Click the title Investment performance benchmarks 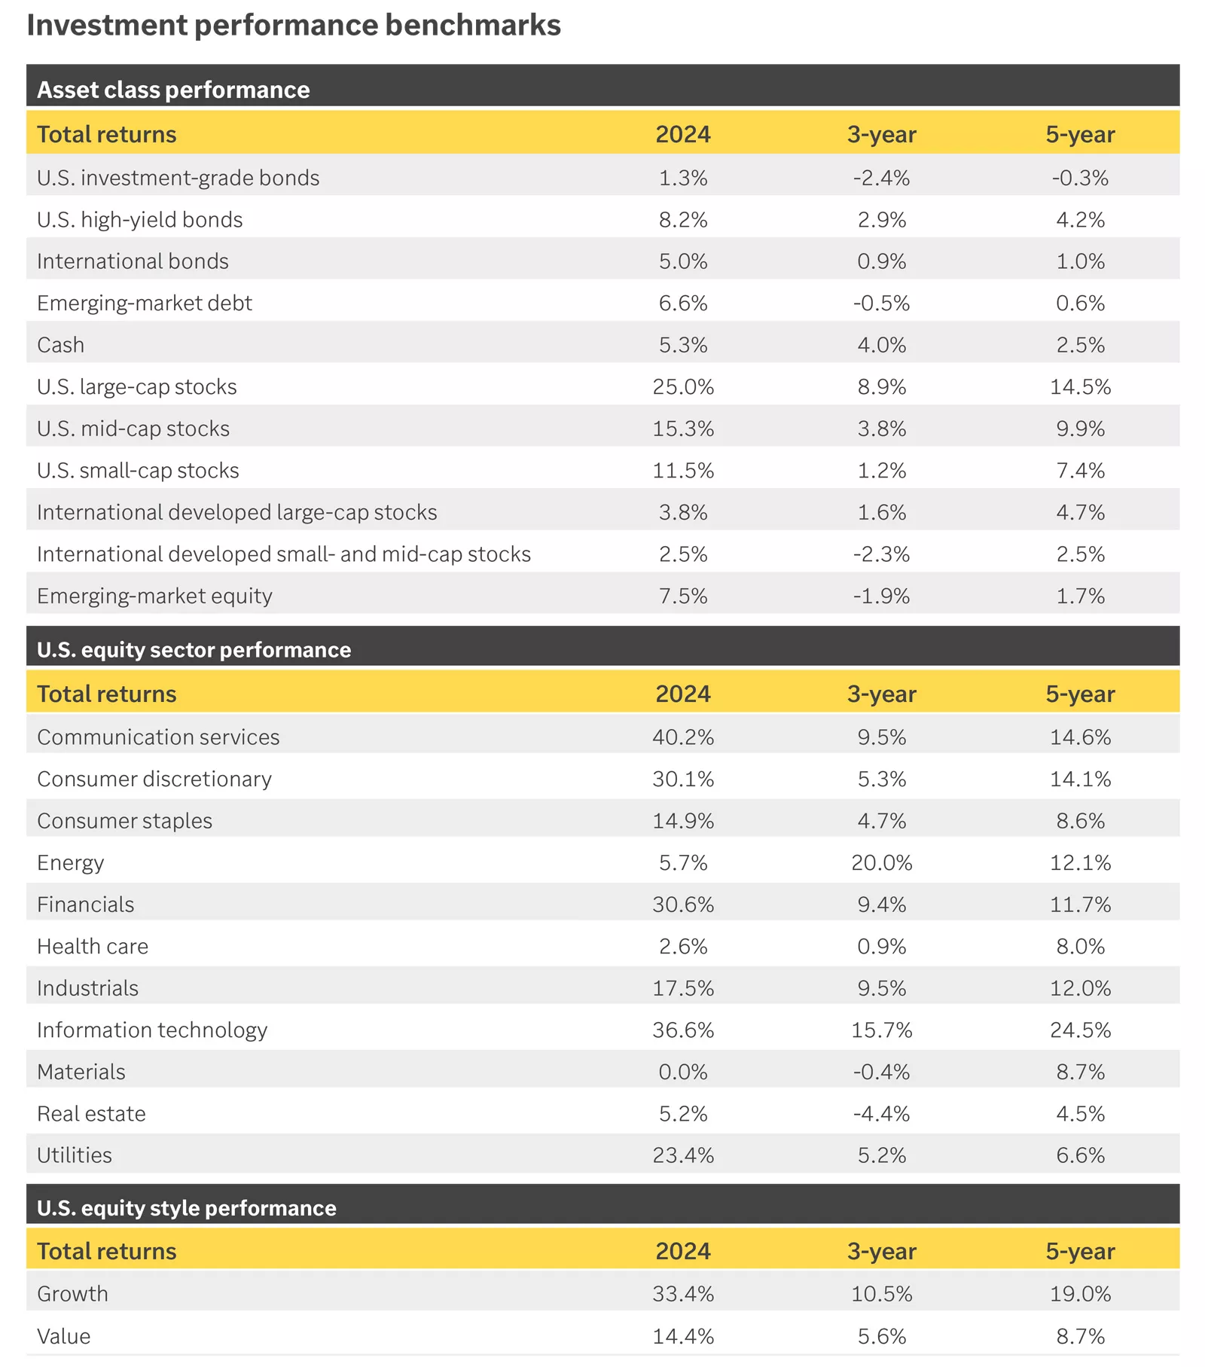294,25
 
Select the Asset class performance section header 173,90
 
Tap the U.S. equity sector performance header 194,649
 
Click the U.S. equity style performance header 187,1207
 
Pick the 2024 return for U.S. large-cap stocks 683,386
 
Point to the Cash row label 60,345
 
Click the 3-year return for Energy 882,862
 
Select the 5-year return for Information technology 1081,1030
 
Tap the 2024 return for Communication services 683,737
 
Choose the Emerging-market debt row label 145,303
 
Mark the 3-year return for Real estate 882,1113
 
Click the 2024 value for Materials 683,1072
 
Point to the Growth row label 72,1293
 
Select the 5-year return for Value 1081,1336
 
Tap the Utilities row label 75,1155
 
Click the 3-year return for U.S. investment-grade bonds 882,178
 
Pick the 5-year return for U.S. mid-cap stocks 1081,429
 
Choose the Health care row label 93,946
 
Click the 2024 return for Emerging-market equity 683,596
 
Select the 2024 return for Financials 683,904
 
